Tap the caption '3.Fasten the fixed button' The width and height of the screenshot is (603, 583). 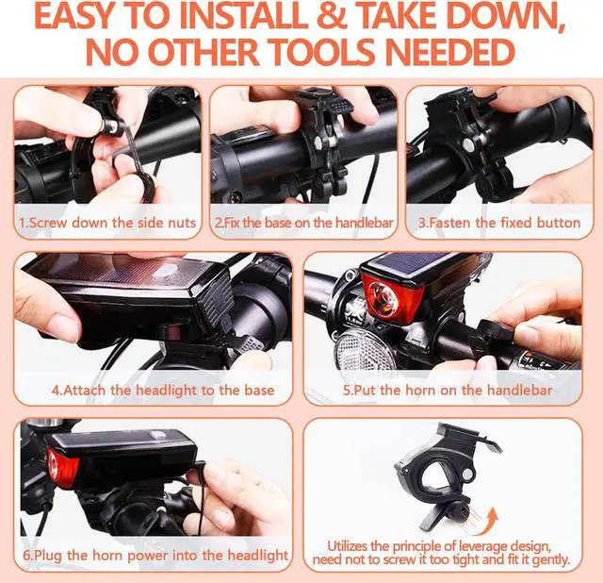498,224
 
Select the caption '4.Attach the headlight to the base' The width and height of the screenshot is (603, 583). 162,390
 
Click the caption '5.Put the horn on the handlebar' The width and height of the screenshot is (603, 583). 447,390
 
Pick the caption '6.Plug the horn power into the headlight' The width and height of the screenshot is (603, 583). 155,556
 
